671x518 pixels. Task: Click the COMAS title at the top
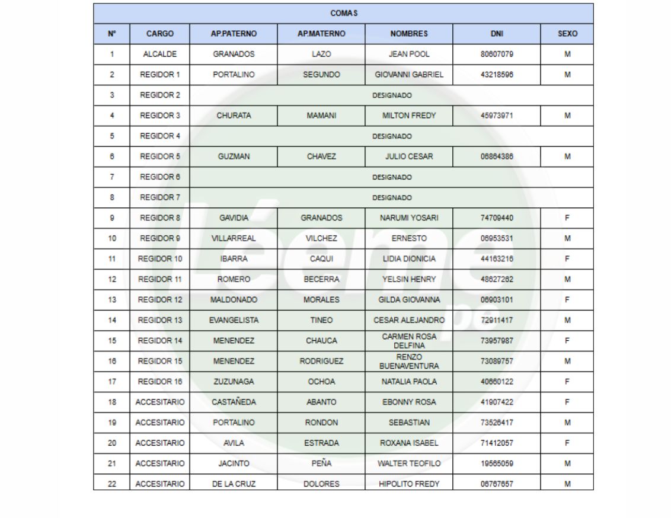coord(343,13)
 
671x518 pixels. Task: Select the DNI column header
coord(497,34)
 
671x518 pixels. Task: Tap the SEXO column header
coord(567,34)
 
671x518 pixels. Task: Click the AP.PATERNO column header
coord(234,34)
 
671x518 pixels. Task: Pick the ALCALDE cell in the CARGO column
coord(159,54)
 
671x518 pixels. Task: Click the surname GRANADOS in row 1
coord(234,54)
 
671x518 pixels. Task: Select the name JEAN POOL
coord(409,54)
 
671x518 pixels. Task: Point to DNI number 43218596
coord(497,75)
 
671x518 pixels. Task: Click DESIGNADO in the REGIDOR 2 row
coord(391,95)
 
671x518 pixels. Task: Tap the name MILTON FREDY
coord(409,116)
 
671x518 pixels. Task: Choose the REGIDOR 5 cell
coord(159,156)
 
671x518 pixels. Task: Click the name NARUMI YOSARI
coord(409,218)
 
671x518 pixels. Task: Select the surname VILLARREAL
coord(234,238)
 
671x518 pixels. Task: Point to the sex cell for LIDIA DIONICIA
coord(567,259)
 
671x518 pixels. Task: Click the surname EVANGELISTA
coord(234,320)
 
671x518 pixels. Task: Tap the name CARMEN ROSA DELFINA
coord(409,341)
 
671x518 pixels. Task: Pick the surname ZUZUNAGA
coord(234,382)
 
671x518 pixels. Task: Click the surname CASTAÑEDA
coord(234,402)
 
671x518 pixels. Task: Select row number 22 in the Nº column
coord(112,484)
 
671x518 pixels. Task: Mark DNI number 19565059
coord(497,463)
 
